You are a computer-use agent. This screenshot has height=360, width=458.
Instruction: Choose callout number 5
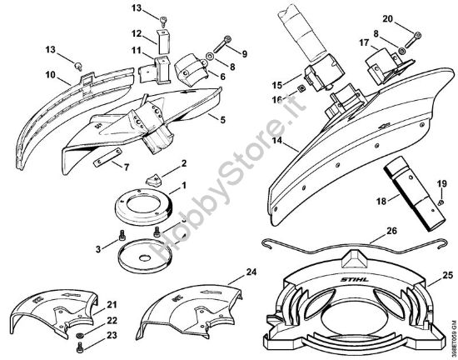click(222, 119)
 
